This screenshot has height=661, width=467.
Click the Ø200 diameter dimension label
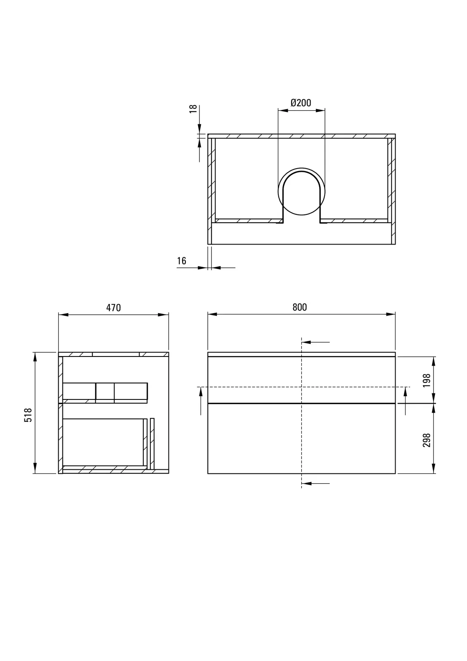pyautogui.click(x=301, y=103)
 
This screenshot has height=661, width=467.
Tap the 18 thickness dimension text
pyautogui.click(x=193, y=109)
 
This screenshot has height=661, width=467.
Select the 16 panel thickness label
pyautogui.click(x=182, y=261)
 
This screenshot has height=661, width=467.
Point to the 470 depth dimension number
pyautogui.click(x=114, y=308)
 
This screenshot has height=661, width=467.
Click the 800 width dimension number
pyautogui.click(x=300, y=307)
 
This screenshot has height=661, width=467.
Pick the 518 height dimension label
pyautogui.click(x=28, y=415)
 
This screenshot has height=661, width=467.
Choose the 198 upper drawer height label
pyautogui.click(x=427, y=380)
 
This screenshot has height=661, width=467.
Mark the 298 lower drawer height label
pyautogui.click(x=427, y=440)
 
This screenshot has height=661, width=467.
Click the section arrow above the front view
pyautogui.click(x=315, y=342)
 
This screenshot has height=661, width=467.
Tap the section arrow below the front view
pyautogui.click(x=315, y=483)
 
